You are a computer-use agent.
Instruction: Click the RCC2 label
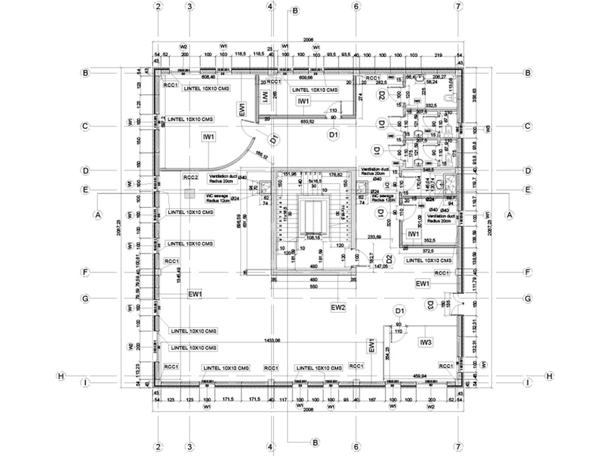191,178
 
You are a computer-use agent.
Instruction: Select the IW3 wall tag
426,343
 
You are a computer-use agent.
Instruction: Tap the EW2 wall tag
338,308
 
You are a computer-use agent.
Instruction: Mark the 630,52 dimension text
309,122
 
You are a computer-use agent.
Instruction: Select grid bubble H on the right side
550,376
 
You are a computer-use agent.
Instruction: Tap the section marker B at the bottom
315,442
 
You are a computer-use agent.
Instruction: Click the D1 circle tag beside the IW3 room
399,311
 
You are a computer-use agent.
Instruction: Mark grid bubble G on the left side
86,299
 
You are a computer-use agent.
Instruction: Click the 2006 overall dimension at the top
308,41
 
